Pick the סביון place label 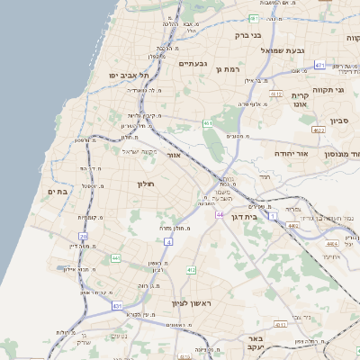click(339, 120)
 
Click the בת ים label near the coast click(57, 191)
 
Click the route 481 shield click(255, 18)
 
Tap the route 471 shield click(320, 65)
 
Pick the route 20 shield click(84, 237)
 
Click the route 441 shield click(116, 258)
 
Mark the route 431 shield click(117, 307)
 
